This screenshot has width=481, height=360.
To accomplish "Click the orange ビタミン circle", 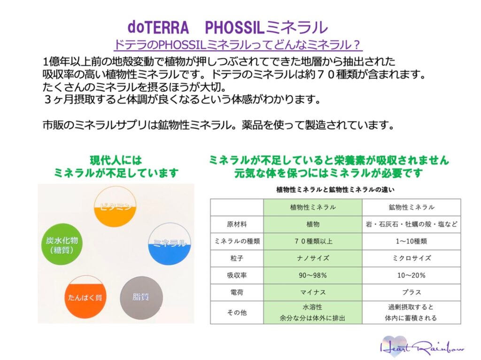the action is click(115, 206).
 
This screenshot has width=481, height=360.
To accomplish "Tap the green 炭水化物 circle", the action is click(62, 244).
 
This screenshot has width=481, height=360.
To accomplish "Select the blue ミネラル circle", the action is click(169, 244).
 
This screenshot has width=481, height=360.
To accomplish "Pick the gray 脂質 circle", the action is click(141, 297).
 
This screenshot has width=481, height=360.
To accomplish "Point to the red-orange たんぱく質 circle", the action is click(85, 297).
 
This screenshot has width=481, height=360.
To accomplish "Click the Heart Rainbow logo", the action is click(422, 347).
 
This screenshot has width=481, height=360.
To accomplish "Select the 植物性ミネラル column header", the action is click(313, 207).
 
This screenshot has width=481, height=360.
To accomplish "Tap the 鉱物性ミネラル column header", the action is click(411, 207).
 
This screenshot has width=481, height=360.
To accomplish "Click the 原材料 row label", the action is click(237, 224).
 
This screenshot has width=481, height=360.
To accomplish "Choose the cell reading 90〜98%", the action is click(313, 275).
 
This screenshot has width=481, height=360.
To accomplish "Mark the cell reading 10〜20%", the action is click(411, 275).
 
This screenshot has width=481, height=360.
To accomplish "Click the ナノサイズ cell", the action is click(313, 258).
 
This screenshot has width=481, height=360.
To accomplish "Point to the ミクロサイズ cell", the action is click(411, 258).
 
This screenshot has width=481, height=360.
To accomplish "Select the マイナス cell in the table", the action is click(313, 292).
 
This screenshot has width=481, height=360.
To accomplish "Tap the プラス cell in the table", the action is click(411, 292).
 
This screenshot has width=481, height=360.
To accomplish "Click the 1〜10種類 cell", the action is click(411, 241).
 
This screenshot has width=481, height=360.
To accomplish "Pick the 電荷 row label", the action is click(237, 292).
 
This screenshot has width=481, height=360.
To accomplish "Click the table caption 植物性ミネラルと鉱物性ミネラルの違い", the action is click(335, 190).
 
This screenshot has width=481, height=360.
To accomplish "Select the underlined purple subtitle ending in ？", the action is click(238, 45).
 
